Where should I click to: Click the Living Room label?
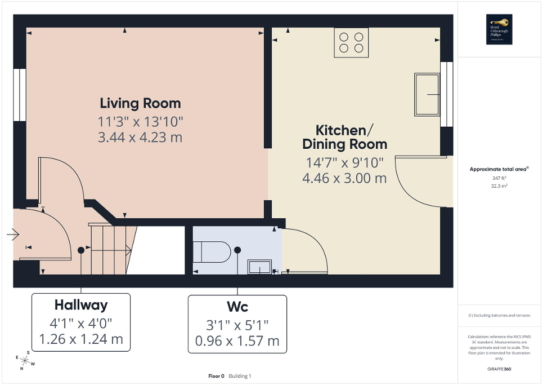140,103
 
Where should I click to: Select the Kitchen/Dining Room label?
344,137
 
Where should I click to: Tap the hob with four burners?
351,43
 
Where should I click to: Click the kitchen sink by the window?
427,94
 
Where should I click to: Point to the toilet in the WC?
212,253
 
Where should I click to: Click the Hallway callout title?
81,306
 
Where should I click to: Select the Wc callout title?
237,307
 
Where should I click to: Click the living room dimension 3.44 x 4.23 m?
140,137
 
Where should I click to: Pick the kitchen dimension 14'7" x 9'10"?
344,163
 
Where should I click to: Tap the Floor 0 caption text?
216,376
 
